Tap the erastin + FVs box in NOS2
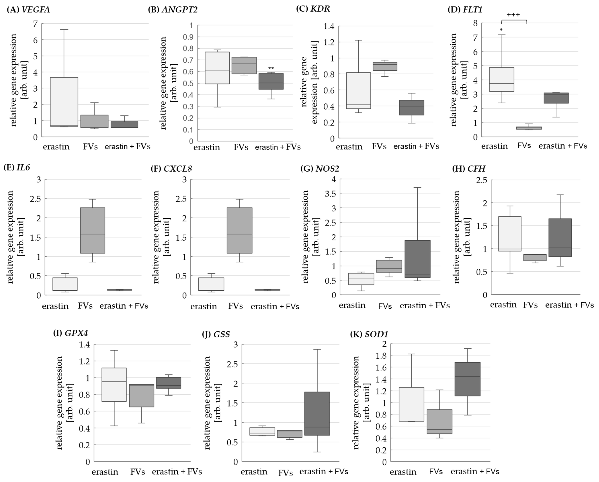pyautogui.click(x=418, y=259)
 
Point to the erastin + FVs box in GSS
pyautogui.click(x=317, y=414)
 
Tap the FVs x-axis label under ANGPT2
pyautogui.click(x=241, y=147)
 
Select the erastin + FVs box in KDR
pyautogui.click(x=411, y=107)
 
